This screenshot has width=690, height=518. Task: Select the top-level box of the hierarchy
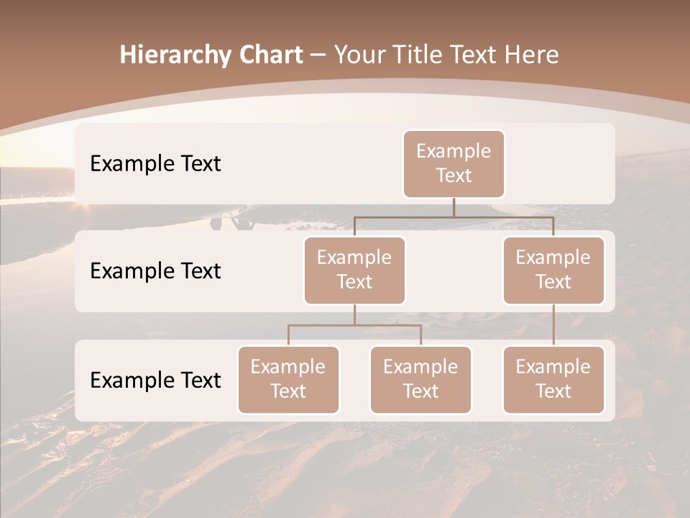[x=454, y=164]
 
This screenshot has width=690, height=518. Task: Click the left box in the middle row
[x=354, y=271]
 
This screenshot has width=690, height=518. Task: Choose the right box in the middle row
[x=553, y=271]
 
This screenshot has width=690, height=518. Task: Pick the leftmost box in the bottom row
[x=288, y=380]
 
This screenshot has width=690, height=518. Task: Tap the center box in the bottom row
[x=420, y=380]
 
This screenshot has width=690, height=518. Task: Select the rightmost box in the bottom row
[x=553, y=380]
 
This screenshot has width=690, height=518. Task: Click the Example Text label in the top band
[x=155, y=164]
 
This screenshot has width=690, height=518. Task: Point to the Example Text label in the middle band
[x=155, y=271]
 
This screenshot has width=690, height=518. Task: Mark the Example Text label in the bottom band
[x=155, y=381]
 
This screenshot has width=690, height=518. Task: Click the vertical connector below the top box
[x=454, y=207]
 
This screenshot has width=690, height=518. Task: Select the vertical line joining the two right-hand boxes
[x=553, y=325]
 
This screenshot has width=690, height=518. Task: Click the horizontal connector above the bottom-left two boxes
[x=354, y=325]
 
